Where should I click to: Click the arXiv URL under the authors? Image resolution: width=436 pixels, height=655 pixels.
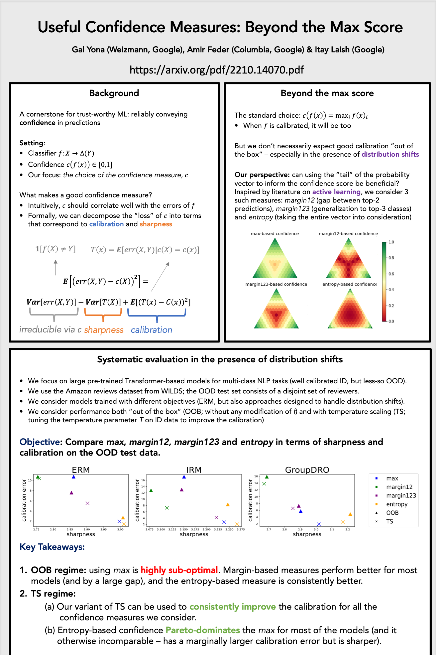(217, 70)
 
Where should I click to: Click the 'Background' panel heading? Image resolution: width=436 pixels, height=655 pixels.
(114, 93)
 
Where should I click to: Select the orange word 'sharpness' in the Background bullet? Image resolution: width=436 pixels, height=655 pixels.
(156, 224)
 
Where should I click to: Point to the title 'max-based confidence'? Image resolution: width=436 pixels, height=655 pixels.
(275, 234)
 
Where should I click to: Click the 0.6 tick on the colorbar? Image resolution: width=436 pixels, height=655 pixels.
(391, 274)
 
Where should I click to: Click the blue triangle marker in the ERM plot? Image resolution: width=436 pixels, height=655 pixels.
(74, 477)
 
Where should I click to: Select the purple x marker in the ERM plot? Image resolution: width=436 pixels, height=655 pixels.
(87, 503)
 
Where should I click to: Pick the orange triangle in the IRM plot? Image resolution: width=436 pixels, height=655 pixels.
(228, 504)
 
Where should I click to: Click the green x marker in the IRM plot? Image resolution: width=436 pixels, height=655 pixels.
(167, 508)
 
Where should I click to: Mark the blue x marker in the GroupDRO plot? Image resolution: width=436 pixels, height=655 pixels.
(319, 524)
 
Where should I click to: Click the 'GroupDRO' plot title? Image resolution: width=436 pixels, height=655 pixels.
(307, 470)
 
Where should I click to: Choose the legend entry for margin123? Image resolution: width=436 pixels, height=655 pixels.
(401, 495)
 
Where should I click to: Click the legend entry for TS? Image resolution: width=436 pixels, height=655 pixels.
(389, 521)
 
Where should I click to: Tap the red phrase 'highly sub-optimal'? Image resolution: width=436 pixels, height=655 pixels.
(179, 570)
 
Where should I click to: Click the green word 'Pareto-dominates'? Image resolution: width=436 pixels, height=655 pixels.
(203, 630)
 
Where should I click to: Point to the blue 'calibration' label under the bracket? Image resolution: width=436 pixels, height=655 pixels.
(151, 330)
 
